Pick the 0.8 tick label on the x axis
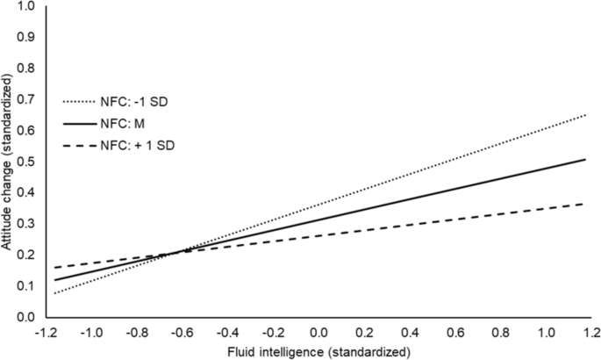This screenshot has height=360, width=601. (x=498, y=333)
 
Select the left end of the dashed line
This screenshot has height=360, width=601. (x=54, y=267)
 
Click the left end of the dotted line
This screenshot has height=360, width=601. (x=54, y=292)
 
